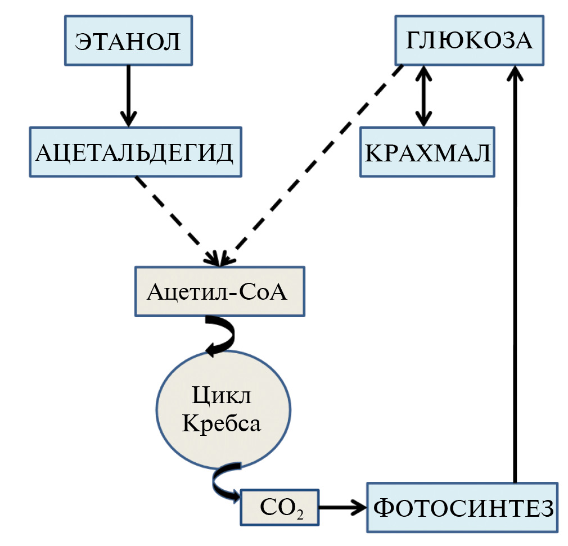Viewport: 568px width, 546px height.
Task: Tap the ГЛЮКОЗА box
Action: pos(470,40)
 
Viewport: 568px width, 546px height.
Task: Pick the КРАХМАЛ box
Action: pos(427,152)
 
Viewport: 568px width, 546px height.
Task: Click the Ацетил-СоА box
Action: pos(220,292)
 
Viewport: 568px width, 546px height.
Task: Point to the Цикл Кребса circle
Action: pos(223,409)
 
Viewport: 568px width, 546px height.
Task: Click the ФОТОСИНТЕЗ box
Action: pos(462,507)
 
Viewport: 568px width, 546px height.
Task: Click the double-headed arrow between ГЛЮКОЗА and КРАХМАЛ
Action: pos(423,96)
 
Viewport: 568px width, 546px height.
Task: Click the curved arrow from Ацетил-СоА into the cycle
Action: pos(222,335)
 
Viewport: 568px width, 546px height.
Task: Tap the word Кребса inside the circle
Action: pos(223,423)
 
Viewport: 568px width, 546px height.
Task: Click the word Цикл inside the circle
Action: pos(223,396)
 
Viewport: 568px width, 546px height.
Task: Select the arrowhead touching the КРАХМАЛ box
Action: pos(423,119)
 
